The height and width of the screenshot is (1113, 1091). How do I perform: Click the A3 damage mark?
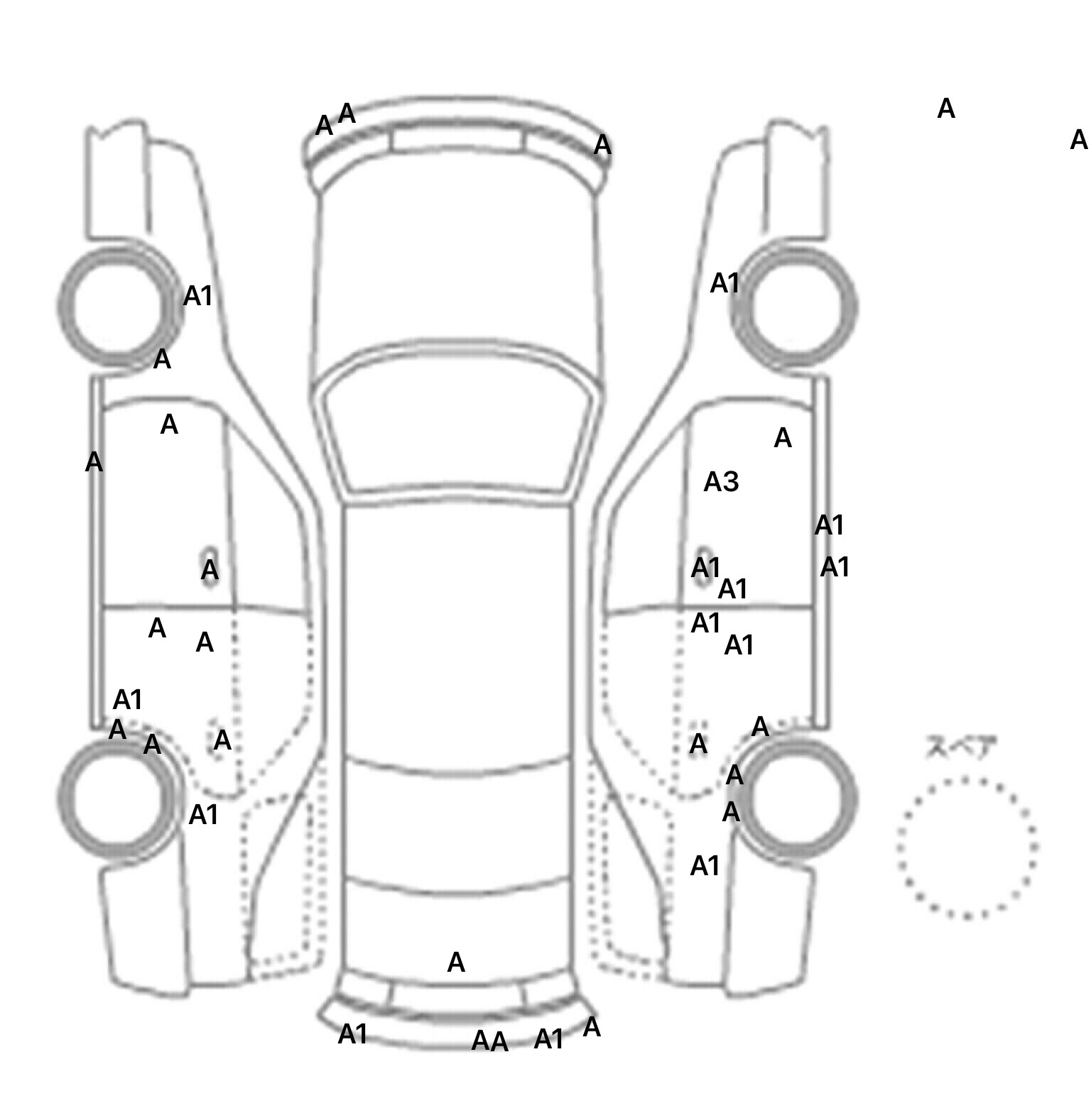point(721,483)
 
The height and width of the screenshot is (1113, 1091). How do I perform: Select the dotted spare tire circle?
point(967,848)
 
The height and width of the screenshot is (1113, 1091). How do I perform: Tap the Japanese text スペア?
point(961,747)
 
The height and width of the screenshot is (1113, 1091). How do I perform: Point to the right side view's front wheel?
point(794,306)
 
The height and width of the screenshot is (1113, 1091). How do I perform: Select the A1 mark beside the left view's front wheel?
point(197,296)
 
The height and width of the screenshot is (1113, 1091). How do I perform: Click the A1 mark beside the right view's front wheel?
point(724,283)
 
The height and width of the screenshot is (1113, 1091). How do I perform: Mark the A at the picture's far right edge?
point(1078,140)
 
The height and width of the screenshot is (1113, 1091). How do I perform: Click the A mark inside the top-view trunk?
point(456,963)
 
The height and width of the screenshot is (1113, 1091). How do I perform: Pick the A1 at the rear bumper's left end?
point(352,1034)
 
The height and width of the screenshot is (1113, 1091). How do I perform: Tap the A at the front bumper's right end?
point(602,145)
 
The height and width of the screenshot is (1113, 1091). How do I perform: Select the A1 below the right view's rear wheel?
point(705,866)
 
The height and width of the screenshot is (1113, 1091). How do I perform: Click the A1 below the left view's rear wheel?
point(203,815)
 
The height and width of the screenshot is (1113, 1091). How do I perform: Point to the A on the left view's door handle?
point(210,569)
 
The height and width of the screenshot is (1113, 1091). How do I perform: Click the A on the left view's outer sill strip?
point(94,462)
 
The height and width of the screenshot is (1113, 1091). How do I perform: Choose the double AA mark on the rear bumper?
point(490,1041)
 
